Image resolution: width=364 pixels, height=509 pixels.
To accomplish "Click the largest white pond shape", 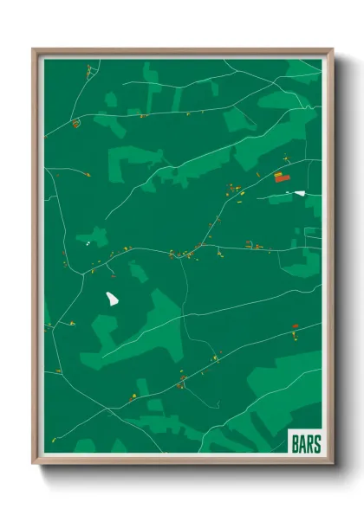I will pyautogui.click(x=113, y=299).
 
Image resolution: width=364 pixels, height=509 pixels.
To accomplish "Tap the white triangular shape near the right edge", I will pyautogui.click(x=299, y=193).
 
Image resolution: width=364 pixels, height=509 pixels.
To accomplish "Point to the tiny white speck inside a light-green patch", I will pyautogui.click(x=88, y=242).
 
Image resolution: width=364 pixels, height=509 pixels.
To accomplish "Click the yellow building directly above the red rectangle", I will pyautogui.click(x=280, y=173).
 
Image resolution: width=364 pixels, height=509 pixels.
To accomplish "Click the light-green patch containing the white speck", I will pyautogui.click(x=92, y=236).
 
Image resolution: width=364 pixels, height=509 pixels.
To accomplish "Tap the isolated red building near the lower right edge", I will pyautogui.click(x=295, y=326).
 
